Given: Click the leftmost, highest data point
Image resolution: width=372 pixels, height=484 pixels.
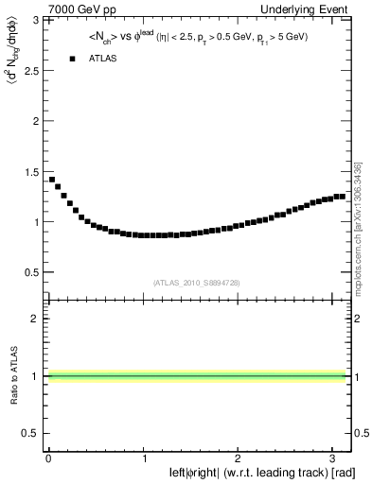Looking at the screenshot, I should tap(52, 179).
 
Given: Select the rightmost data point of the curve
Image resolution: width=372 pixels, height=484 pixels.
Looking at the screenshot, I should tap(342, 196).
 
